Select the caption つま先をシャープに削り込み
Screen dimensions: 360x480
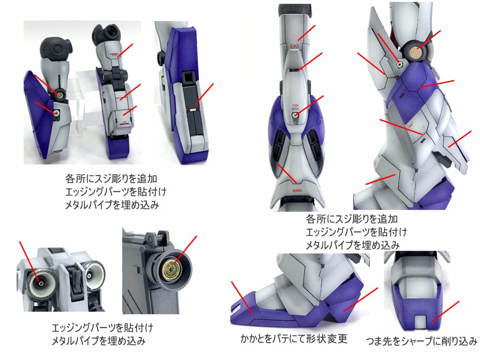[422, 341]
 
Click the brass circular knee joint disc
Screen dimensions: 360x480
[415, 52]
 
